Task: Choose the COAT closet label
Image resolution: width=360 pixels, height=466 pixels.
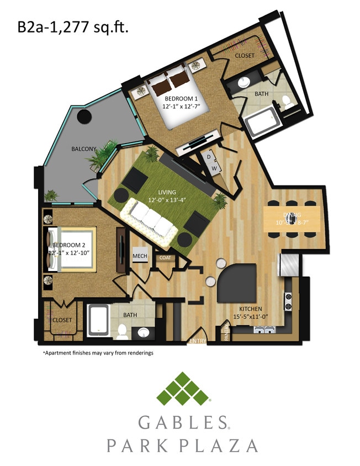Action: (x=166, y=257)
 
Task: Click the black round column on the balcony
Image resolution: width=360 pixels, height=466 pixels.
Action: (x=84, y=117)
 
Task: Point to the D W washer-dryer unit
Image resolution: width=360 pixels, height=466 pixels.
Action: (x=211, y=162)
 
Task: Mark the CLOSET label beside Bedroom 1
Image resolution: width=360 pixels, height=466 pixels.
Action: (x=245, y=56)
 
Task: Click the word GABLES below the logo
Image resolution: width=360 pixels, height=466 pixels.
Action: (x=182, y=423)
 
